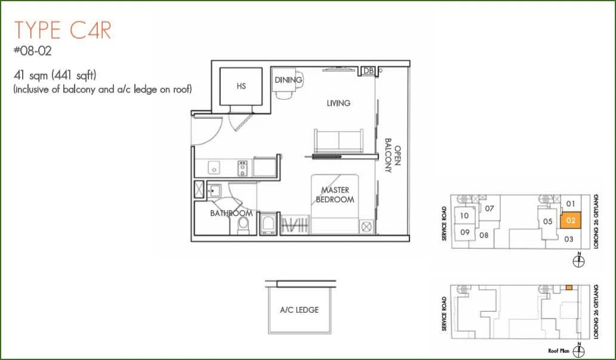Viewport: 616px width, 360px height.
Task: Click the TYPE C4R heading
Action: [63, 30]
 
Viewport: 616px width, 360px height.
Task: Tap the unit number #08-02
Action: [33, 51]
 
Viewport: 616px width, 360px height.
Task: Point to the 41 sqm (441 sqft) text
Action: [55, 75]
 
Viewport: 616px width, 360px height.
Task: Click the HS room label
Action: [241, 86]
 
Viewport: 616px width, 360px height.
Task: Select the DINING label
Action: [288, 80]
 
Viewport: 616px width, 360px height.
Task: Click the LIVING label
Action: [338, 103]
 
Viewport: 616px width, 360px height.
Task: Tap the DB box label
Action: [368, 70]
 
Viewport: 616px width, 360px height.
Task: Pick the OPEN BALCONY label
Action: [393, 155]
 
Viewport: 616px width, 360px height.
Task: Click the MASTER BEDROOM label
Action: [335, 195]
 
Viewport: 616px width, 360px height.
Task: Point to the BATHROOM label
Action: [232, 213]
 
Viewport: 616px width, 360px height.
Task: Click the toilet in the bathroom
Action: [243, 226]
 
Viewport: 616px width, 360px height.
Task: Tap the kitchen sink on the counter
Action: [214, 168]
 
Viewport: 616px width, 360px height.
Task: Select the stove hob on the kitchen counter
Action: [242, 168]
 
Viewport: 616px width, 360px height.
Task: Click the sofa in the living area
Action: [338, 140]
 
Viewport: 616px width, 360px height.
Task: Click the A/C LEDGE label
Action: [300, 310]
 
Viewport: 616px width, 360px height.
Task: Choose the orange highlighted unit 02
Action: [571, 220]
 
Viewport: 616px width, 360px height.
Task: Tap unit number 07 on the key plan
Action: [489, 208]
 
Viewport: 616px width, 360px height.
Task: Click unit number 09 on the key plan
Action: [465, 232]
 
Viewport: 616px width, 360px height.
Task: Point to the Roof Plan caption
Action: [559, 350]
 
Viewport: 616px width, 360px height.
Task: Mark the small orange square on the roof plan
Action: [569, 288]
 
